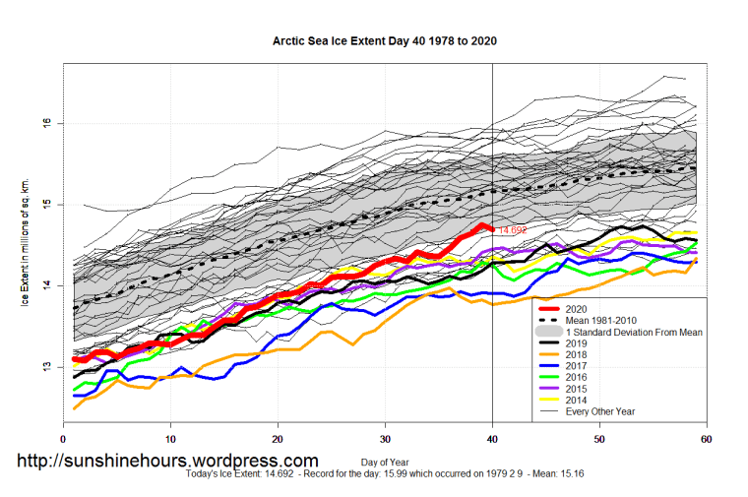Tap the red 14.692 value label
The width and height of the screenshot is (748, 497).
pos(512,230)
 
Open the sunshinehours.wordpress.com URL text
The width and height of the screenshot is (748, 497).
pos(167,461)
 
